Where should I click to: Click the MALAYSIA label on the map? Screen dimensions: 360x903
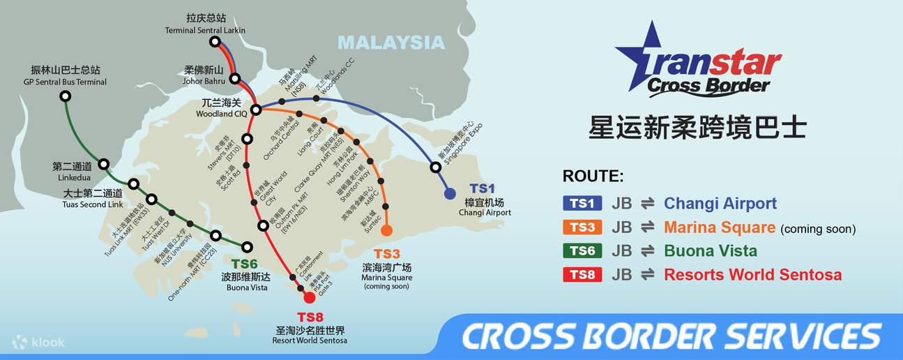(390, 43)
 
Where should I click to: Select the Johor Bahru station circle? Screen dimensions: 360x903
(236, 79)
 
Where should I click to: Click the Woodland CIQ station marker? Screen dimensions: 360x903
(256, 110)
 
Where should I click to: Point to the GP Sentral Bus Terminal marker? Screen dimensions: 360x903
(66, 96)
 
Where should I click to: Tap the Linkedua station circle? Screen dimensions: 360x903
(104, 165)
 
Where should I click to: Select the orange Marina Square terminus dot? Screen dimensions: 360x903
(386, 230)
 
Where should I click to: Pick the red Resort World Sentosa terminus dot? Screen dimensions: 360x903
(310, 298)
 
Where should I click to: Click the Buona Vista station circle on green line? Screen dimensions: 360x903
(247, 246)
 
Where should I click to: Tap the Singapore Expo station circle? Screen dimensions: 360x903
(435, 167)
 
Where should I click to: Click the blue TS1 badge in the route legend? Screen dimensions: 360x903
(582, 204)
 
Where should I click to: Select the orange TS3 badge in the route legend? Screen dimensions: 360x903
(582, 227)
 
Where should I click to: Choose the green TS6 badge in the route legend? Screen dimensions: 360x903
(582, 251)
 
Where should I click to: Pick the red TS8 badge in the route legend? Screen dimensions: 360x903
(582, 275)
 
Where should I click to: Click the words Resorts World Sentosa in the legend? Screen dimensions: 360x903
(752, 275)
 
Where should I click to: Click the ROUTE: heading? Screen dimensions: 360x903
(593, 177)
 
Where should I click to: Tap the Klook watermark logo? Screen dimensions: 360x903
(39, 342)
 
